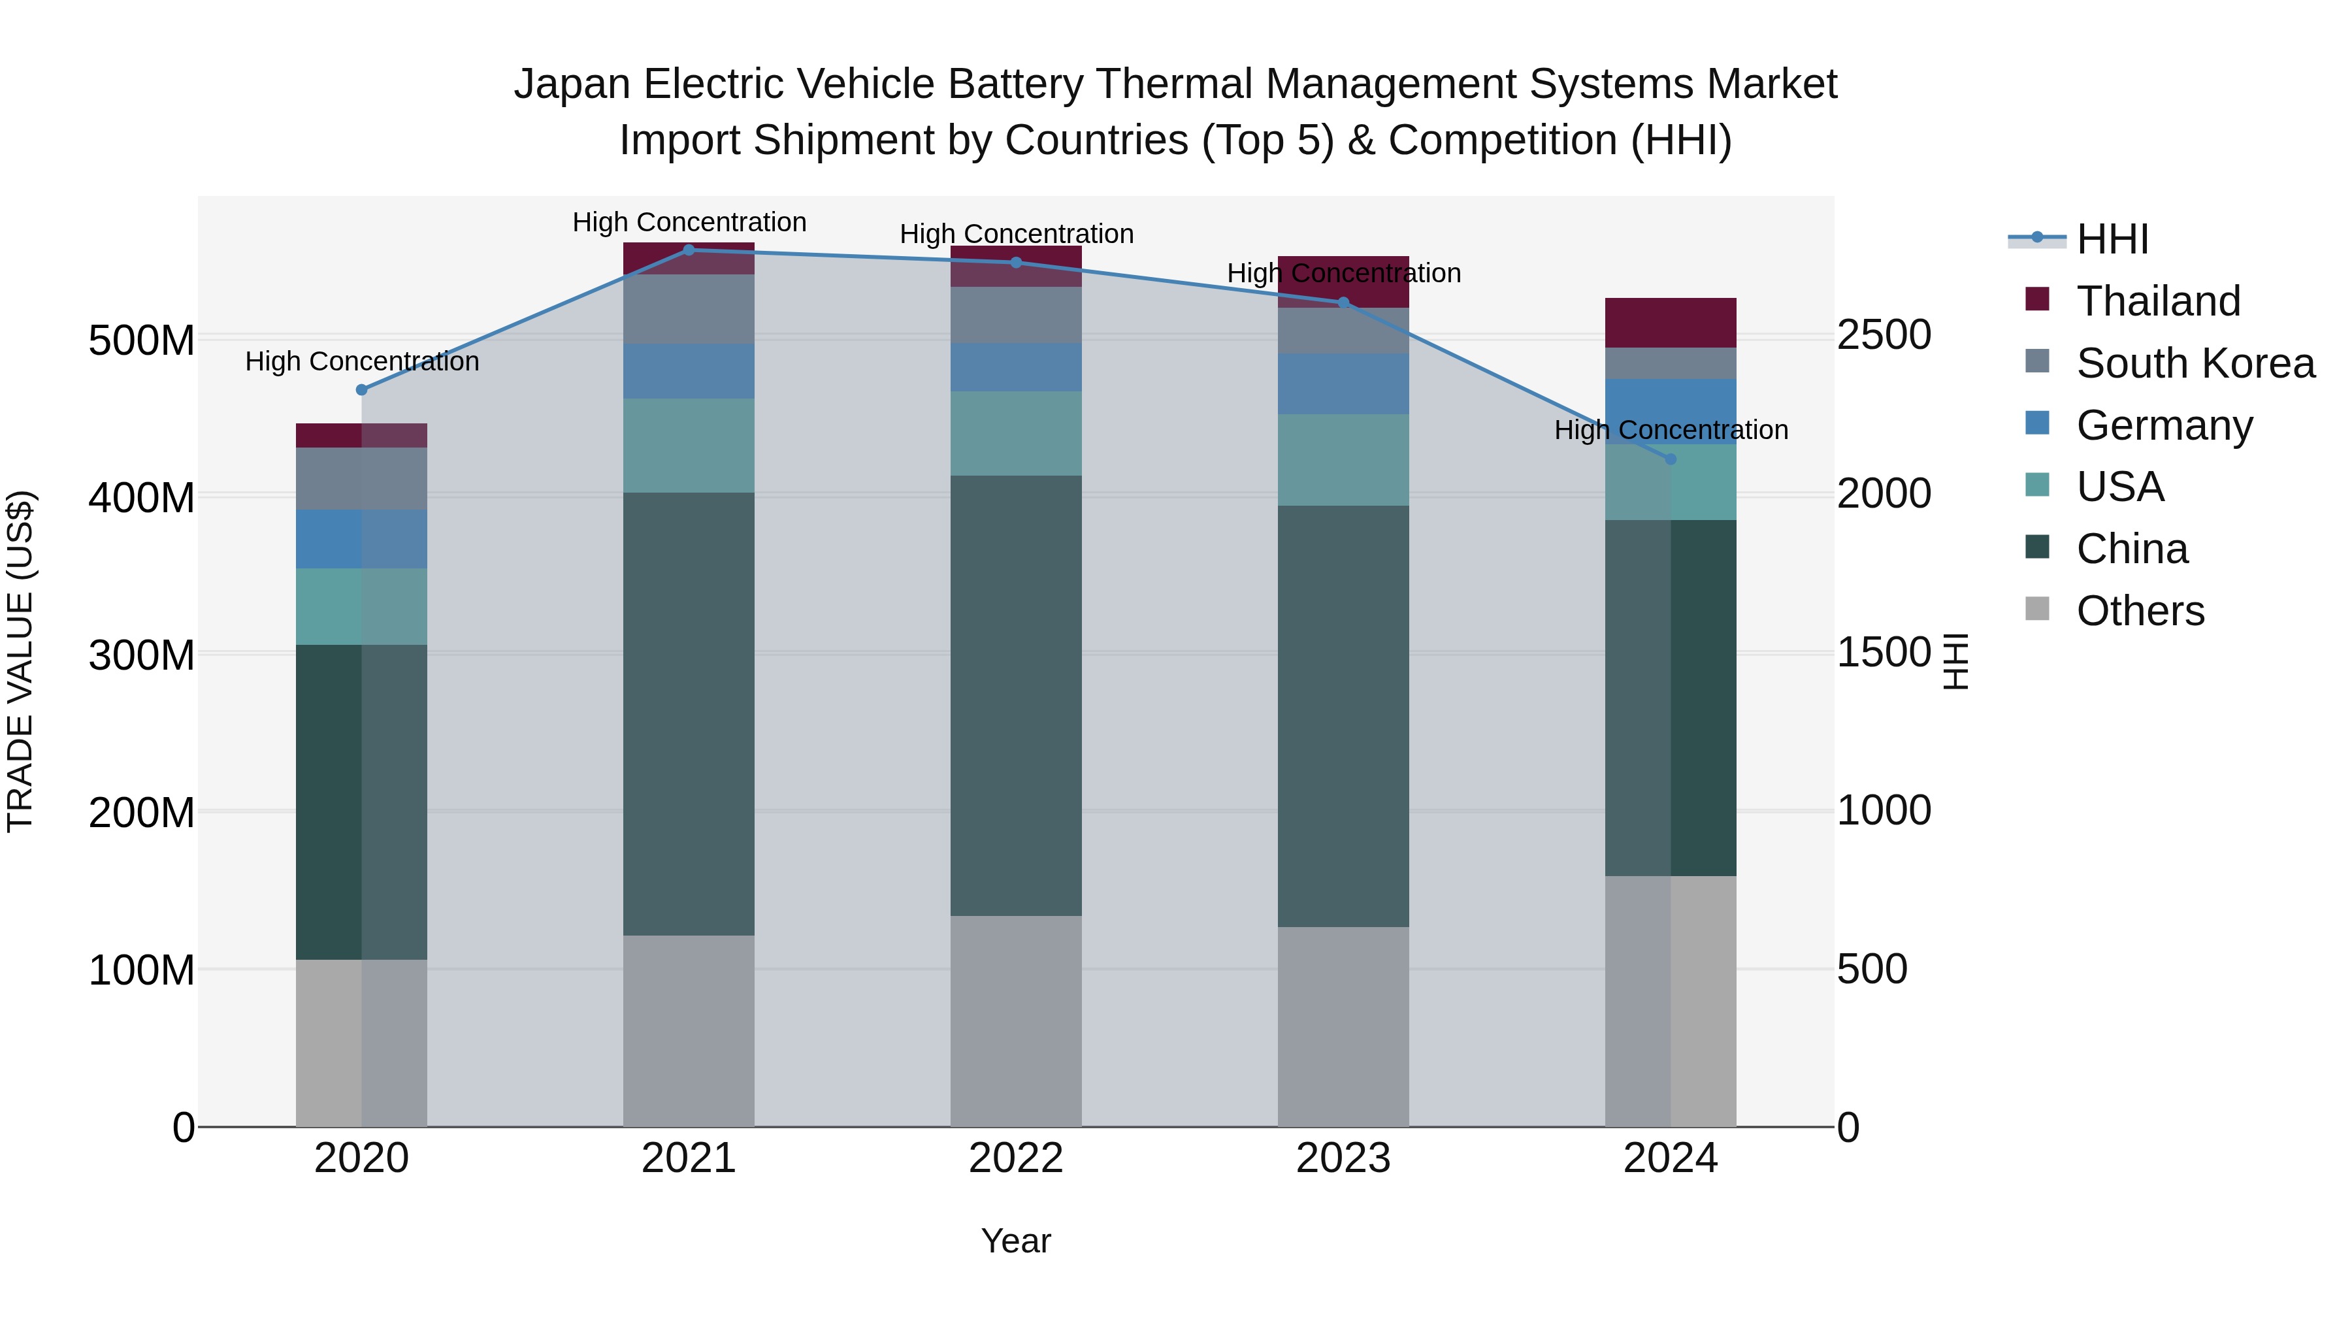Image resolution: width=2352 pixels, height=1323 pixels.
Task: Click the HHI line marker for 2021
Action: [x=689, y=250]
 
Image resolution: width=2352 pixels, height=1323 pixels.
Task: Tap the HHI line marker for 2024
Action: [x=1671, y=459]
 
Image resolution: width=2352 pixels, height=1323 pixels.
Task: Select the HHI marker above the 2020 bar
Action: [x=361, y=390]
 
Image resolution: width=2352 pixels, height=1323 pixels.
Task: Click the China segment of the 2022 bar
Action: [x=1016, y=696]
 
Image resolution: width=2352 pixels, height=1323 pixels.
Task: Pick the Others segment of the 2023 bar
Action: [x=1343, y=1027]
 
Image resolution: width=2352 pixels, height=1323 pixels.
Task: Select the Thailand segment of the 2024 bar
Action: [x=1671, y=322]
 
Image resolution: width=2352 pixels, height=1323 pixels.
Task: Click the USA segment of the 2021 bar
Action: [x=689, y=446]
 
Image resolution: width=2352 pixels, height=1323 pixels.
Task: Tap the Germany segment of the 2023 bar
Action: [x=1343, y=384]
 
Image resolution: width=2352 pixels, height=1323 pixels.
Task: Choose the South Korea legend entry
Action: [x=2195, y=363]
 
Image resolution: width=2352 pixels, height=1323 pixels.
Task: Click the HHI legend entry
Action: [x=2112, y=239]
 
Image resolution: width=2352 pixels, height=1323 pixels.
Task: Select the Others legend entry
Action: [x=2140, y=611]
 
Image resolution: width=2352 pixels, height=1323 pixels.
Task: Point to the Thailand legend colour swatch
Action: [x=2037, y=299]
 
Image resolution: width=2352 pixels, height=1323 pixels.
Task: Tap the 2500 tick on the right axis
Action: [x=1884, y=335]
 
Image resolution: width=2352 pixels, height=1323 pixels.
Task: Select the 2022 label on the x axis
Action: [x=1016, y=1158]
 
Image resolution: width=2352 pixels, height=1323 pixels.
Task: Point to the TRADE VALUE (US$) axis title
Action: [x=20, y=661]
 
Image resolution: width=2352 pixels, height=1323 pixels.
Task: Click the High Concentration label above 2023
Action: [x=1343, y=273]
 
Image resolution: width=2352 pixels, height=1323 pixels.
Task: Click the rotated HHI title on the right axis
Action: [x=1955, y=661]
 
